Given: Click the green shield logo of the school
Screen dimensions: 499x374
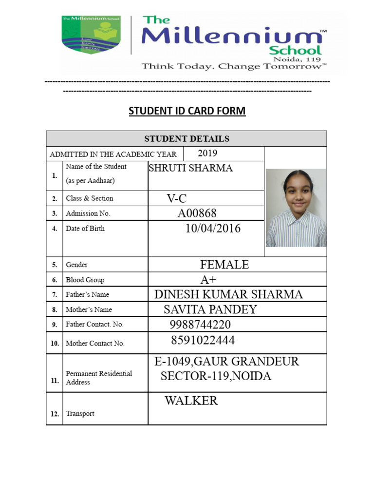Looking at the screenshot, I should tap(91, 35).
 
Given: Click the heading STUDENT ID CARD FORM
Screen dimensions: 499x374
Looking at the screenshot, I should tap(187, 111).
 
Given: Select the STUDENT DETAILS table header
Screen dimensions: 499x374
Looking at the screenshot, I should tap(187, 139).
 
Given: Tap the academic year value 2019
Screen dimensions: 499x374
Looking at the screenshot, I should tap(207, 154).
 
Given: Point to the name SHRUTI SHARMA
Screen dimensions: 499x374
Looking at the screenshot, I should tap(190, 169).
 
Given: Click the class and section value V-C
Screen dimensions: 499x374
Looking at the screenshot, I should tap(177, 198).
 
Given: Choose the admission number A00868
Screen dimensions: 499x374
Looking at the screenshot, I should tap(197, 213).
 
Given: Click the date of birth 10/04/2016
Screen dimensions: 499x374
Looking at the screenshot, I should tap(213, 229).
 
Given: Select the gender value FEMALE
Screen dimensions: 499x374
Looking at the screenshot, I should tap(224, 265).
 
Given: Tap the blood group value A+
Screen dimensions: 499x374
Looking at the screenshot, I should tap(208, 280).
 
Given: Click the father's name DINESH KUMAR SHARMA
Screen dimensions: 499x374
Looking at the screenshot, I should tap(228, 294).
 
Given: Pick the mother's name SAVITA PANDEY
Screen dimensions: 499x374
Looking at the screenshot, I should tap(210, 309).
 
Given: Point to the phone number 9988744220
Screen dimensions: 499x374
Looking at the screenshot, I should tap(200, 325).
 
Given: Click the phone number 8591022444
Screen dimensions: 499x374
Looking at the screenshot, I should tap(203, 340).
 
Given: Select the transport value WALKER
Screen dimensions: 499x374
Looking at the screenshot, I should tap(191, 401).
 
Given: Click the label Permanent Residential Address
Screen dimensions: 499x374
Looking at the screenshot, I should tap(99, 378).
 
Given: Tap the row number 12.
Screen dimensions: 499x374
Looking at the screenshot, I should tap(55, 414).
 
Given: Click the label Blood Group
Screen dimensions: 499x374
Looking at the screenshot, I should tap(85, 280).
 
